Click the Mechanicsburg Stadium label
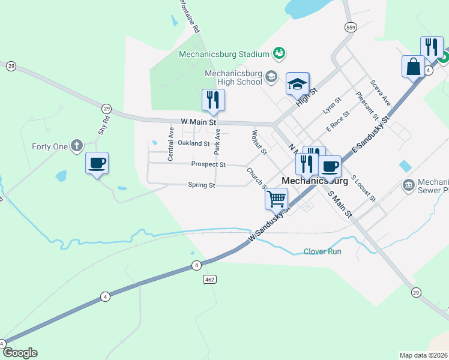pyautogui.click(x=224, y=54)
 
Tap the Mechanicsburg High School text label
pyautogui.click(x=234, y=77)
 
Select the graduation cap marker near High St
pyautogui.click(x=297, y=85)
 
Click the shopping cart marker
pyautogui.click(x=276, y=199)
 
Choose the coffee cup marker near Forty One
pyautogui.click(x=97, y=163)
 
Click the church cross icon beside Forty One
pyautogui.click(x=76, y=145)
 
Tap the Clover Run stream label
pyautogui.click(x=322, y=251)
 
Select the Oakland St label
pyautogui.click(x=193, y=143)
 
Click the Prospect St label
pyautogui.click(x=208, y=164)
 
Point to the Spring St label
pyautogui.click(x=201, y=185)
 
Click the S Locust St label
pyautogui.click(x=363, y=188)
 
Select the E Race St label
pyautogui.click(x=337, y=121)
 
